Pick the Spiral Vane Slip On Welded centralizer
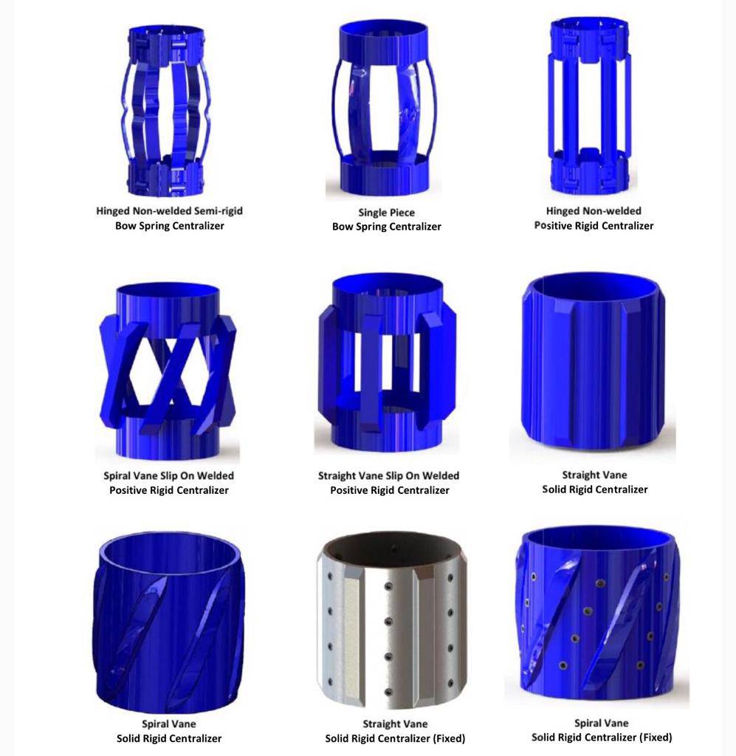point(168,371)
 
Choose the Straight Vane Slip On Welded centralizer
point(388,362)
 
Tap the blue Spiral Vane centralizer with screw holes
point(596,612)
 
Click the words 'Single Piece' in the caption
point(386,213)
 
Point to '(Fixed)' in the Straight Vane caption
point(448,738)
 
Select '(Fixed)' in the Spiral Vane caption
point(655,738)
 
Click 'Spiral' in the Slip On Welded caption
point(117,476)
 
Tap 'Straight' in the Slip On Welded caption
point(337,476)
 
